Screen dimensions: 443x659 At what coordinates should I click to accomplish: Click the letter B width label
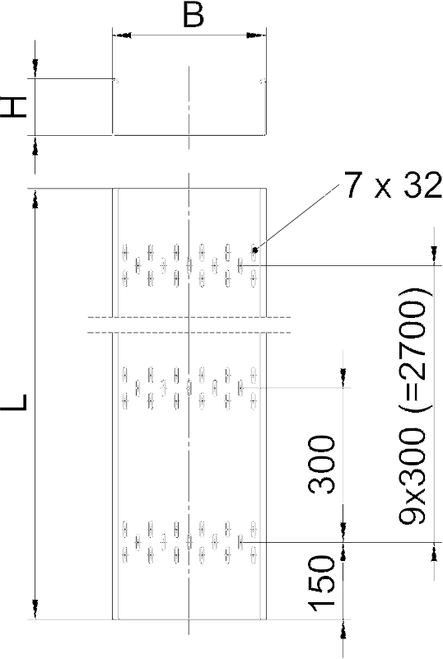pyautogui.click(x=194, y=16)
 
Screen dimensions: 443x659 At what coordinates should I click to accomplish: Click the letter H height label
pyautogui.click(x=14, y=107)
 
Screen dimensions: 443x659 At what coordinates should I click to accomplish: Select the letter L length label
pyautogui.click(x=15, y=402)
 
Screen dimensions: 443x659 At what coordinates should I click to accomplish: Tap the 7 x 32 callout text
pyautogui.click(x=393, y=185)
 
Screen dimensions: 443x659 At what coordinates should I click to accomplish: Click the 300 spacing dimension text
pyautogui.click(x=323, y=464)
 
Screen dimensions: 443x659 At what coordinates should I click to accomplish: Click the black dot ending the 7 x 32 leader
pyautogui.click(x=254, y=250)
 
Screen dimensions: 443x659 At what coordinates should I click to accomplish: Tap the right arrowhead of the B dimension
pyautogui.click(x=256, y=35)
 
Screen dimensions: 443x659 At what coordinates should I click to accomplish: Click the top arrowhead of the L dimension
pyautogui.click(x=35, y=198)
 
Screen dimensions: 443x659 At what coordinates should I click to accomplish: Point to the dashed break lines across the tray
pyautogui.click(x=189, y=325)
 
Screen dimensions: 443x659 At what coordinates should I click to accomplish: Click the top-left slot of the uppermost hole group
pyautogui.click(x=125, y=252)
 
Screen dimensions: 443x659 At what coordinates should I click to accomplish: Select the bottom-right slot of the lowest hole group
pyautogui.click(x=254, y=554)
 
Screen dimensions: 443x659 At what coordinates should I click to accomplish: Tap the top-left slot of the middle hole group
pyautogui.click(x=125, y=375)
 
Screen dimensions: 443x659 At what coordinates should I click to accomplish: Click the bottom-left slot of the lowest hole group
pyautogui.click(x=125, y=554)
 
